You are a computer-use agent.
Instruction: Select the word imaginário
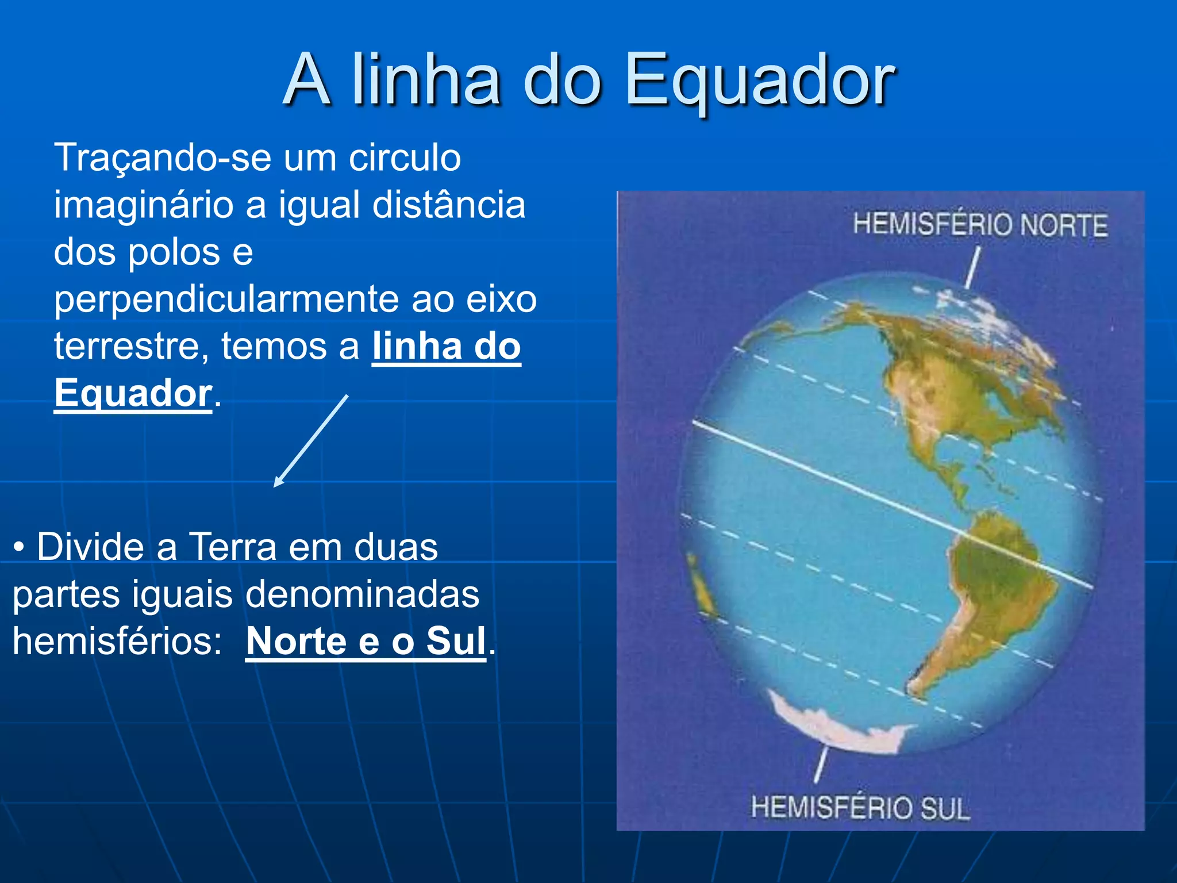point(143,205)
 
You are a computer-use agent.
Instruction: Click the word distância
point(448,205)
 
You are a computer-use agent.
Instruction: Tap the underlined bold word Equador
point(133,394)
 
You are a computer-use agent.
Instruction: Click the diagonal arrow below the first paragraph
point(311,441)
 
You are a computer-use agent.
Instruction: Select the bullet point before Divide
point(19,547)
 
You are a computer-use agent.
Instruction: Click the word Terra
point(233,547)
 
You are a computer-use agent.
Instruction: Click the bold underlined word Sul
point(456,642)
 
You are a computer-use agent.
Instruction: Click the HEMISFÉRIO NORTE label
point(980,225)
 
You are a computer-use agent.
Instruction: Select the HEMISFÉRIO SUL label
point(860,808)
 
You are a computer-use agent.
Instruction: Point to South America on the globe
point(994,592)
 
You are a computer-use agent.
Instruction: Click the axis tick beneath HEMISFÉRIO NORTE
point(972,267)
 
